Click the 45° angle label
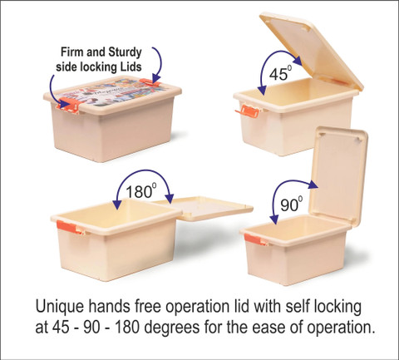tap(280, 73)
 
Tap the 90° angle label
tap(291, 204)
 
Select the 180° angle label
tap(140, 190)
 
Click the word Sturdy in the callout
tap(125, 52)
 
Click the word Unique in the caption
tap(60, 306)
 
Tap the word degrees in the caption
tap(172, 328)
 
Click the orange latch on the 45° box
tap(248, 111)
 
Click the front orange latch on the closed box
tap(69, 104)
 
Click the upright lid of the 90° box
tap(338, 176)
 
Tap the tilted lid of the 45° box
tap(312, 52)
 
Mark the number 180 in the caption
tap(126, 328)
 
